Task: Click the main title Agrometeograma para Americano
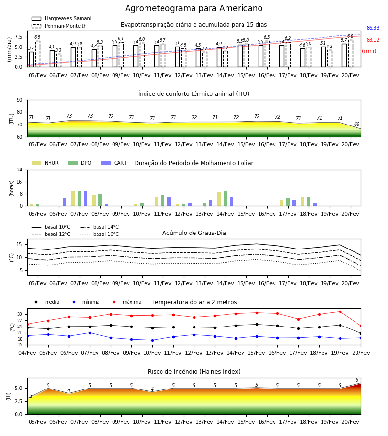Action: coord(194,8)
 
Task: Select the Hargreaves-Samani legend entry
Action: coord(62,18)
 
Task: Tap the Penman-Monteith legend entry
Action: coord(59,26)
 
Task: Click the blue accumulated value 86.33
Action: coord(373,28)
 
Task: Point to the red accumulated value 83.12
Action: coord(373,40)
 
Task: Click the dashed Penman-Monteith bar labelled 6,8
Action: coord(351,53)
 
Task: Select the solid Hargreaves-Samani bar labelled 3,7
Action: coord(32,60)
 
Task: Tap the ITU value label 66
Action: coord(356,125)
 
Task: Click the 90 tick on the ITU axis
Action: coord(20,100)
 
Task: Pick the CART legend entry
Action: coord(114,163)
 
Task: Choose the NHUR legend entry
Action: coord(45,163)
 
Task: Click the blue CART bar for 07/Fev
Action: coord(85,199)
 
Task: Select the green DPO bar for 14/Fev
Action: coord(225,199)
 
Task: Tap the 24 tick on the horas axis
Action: coord(20,170)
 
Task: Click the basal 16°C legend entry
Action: coord(99,234)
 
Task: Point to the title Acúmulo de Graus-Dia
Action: coord(194,233)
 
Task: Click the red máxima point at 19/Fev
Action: coord(340,311)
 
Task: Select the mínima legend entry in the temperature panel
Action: coord(84,302)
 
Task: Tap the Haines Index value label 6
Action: coord(357,380)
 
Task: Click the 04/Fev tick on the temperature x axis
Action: coord(27,353)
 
